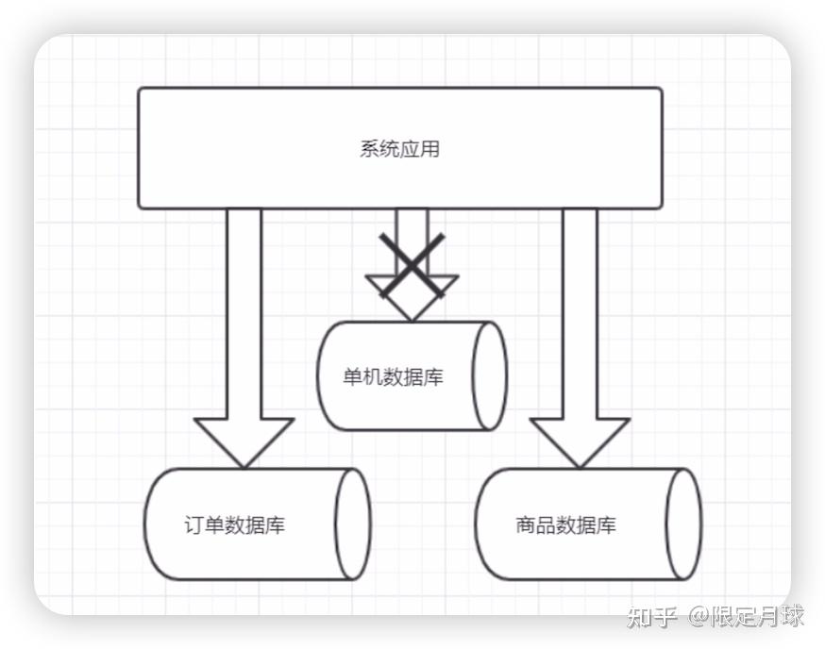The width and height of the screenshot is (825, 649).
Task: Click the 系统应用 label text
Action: [x=399, y=149]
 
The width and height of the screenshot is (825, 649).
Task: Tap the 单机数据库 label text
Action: [x=393, y=378]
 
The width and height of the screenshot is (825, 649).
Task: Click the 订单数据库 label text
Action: [x=234, y=525]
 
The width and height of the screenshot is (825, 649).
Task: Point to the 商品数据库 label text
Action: [x=566, y=525]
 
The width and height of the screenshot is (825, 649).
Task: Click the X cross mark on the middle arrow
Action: [x=412, y=266]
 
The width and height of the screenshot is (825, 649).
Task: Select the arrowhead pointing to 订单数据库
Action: [x=244, y=440]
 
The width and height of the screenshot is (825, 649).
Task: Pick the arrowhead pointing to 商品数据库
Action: [x=580, y=440]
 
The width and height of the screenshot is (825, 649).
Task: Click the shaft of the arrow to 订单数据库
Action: [x=244, y=311]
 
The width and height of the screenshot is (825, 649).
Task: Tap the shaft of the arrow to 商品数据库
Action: [x=580, y=311]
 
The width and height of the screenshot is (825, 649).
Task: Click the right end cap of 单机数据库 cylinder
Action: [x=489, y=375]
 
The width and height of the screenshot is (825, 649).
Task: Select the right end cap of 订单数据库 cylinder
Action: [x=352, y=524]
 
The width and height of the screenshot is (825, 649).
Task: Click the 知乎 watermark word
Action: [x=652, y=617]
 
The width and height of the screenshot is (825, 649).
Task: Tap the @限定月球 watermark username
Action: [x=746, y=617]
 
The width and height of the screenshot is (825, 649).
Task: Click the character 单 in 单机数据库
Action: [x=352, y=378]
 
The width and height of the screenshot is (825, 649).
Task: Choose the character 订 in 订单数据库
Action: [x=194, y=525]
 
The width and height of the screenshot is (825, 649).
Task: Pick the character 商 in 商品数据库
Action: [x=526, y=525]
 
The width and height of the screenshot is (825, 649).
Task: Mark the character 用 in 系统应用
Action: [x=430, y=149]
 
